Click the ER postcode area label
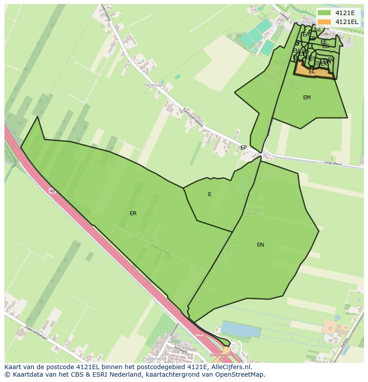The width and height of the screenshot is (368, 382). coord(133,213)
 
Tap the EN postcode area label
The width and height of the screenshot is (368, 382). coord(260,245)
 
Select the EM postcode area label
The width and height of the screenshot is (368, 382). coord(307,98)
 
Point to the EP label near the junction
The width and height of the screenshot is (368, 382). coord(244,148)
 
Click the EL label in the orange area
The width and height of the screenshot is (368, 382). coord(312,71)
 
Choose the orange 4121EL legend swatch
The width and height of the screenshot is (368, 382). coord(324,22)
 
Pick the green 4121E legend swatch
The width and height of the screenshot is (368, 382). coord(324,12)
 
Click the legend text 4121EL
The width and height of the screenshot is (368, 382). coord(347,22)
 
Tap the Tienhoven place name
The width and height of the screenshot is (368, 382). coord(154,85)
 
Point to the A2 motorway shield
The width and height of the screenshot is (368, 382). coord(52,191)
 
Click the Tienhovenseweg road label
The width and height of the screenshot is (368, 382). coord(193,118)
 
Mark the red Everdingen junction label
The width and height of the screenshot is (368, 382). coord(220,355)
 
